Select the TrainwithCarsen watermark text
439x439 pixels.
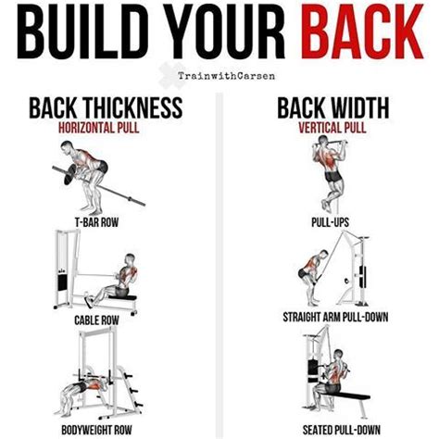click(x=226, y=76)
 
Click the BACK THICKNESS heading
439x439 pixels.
click(x=106, y=107)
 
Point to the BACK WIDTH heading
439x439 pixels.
click(x=333, y=107)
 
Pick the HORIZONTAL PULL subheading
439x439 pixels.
click(x=99, y=128)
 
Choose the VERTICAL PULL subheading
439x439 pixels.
click(x=332, y=128)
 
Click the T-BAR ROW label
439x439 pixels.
click(x=96, y=222)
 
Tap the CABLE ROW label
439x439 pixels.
click(x=96, y=320)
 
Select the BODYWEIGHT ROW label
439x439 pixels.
click(x=96, y=430)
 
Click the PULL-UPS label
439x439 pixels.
click(x=330, y=222)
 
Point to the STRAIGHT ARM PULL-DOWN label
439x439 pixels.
click(x=335, y=318)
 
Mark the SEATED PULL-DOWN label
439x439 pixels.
click(x=342, y=430)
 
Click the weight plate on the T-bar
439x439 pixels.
click(x=70, y=174)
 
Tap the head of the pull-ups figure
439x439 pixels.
click(x=323, y=141)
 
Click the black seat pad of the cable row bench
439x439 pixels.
click(x=125, y=297)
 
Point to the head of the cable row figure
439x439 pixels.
click(x=131, y=258)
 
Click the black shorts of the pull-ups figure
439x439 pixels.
click(x=333, y=177)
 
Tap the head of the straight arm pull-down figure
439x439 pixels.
click(x=323, y=255)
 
